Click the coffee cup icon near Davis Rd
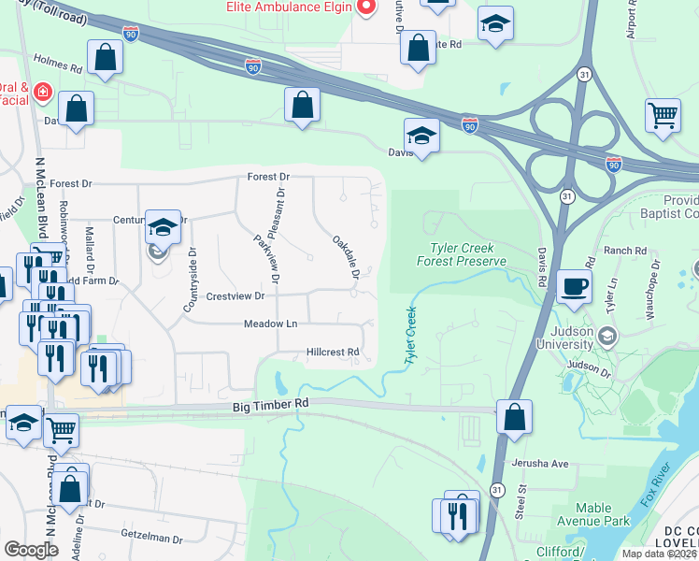coord(574,285)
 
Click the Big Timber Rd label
coord(270,404)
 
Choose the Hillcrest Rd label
coord(333,352)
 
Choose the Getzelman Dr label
coord(152,538)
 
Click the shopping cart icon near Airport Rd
coord(663,116)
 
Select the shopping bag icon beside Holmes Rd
coord(106,57)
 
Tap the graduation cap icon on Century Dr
coord(163,226)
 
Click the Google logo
coord(31,550)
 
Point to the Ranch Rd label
coord(625,251)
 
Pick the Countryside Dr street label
coord(192,278)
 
